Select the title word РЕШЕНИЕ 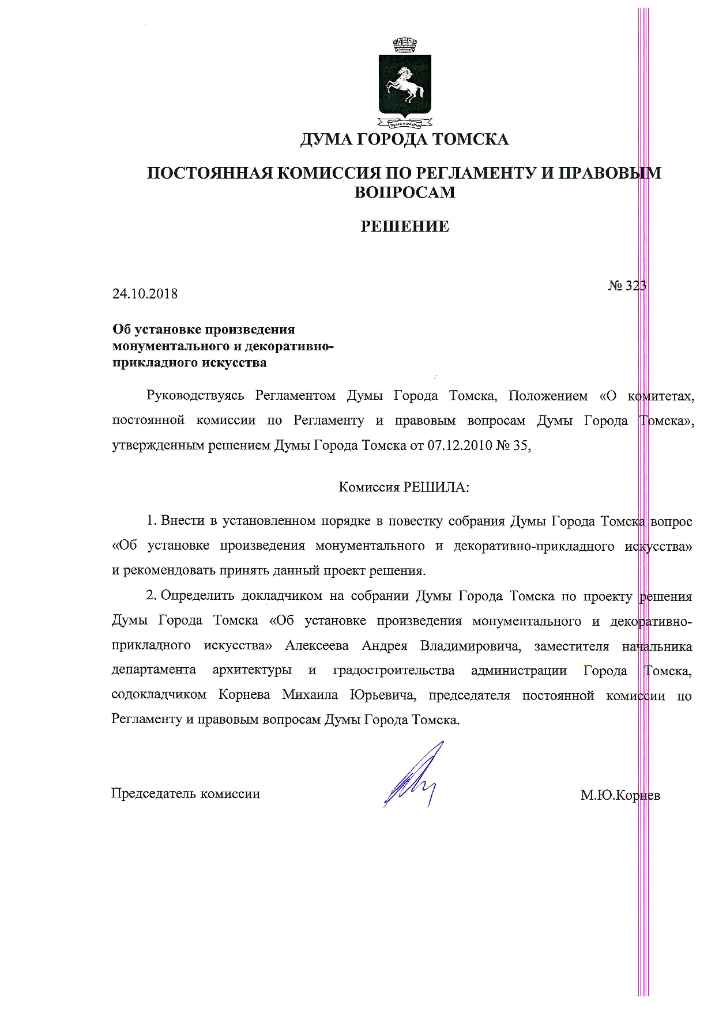[x=404, y=226]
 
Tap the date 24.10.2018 [x=145, y=294]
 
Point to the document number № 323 [x=627, y=286]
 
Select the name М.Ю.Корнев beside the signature [x=620, y=796]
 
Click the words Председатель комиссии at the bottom [x=185, y=794]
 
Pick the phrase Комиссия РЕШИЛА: [x=404, y=487]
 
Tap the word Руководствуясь [x=195, y=396]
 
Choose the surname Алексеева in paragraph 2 [x=317, y=646]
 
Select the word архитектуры [x=251, y=671]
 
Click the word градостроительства [x=394, y=671]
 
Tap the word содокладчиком [x=159, y=695]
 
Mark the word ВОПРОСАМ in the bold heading [x=404, y=192]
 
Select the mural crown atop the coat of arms [x=404, y=44]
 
